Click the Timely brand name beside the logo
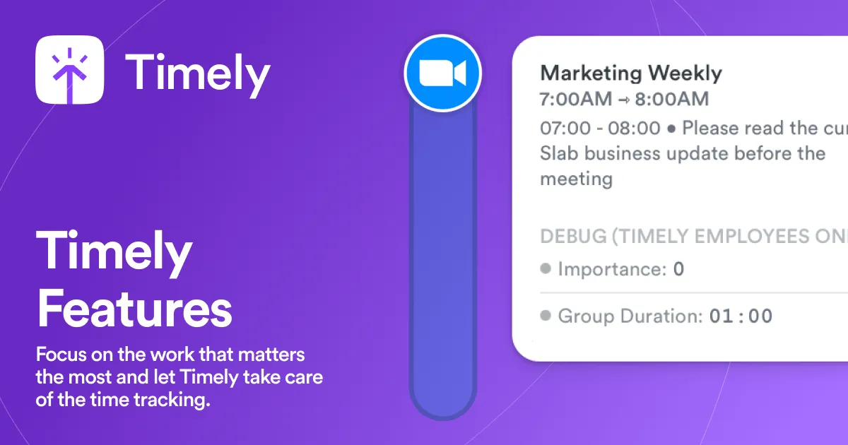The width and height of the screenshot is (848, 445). pos(198,73)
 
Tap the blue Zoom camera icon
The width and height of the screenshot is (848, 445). pos(442,73)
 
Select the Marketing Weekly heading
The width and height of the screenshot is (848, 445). pos(631,73)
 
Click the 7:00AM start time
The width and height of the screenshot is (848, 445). pos(576,100)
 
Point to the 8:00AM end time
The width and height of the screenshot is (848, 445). pos(671,100)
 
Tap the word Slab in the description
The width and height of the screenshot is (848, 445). pos(560,153)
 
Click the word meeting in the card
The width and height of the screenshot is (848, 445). pos(576,179)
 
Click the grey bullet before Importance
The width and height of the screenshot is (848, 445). pos(546,269)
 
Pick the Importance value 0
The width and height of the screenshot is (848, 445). pos(678,269)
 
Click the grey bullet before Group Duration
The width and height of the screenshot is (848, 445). pos(546,316)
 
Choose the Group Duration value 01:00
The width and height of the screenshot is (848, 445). pos(741,316)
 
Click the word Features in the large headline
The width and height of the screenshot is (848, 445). pos(134,309)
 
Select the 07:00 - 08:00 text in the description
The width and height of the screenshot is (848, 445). pos(600,129)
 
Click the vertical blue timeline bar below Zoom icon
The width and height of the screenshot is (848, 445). pos(443,268)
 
